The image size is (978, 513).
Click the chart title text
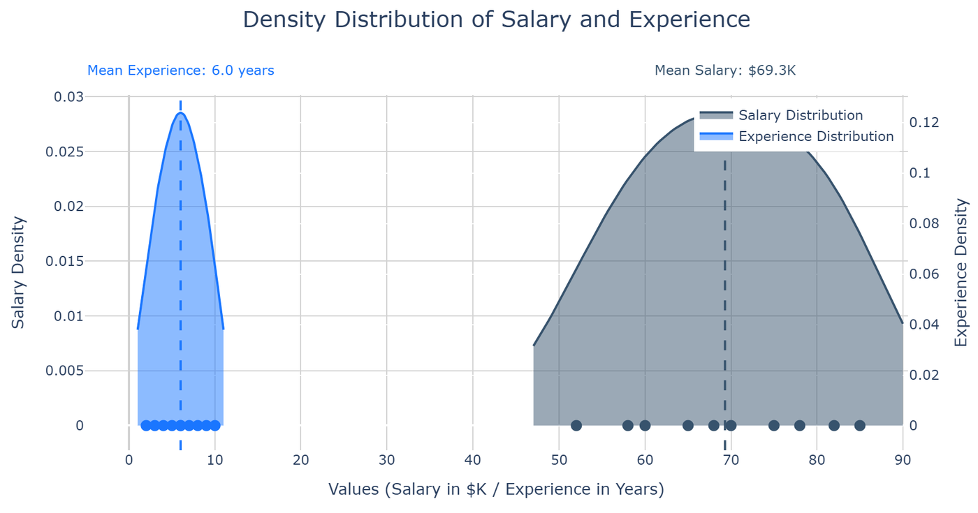[496, 20]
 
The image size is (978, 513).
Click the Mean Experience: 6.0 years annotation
[180, 70]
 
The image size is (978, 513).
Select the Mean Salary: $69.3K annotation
[725, 70]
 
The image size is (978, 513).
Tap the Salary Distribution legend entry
[800, 115]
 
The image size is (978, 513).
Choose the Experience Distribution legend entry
[815, 136]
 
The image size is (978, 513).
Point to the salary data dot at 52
[576, 426]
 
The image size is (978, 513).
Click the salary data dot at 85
[860, 426]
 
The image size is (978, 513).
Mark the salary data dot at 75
[774, 426]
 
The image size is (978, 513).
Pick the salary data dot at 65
[688, 426]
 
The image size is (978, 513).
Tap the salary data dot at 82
[834, 426]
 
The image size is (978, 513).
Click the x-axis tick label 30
[386, 460]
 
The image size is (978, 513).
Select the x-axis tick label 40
[473, 460]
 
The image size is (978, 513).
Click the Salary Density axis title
[18, 272]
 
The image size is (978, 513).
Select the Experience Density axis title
[961, 272]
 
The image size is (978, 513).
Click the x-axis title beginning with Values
[496, 489]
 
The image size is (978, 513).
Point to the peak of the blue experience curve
[180, 112]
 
